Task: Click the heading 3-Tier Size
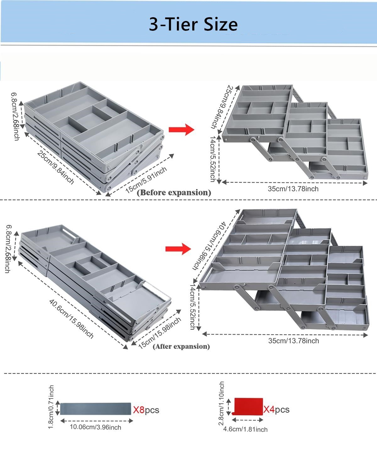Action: (193, 24)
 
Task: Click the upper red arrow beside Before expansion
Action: (181, 129)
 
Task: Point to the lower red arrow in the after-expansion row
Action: (178, 249)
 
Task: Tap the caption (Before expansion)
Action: (174, 192)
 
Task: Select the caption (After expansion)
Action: (181, 346)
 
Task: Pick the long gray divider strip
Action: (96, 409)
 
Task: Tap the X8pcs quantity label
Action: (146, 410)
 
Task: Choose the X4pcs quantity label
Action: (276, 409)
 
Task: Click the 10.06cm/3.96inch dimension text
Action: (95, 427)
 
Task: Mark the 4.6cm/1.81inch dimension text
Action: (245, 429)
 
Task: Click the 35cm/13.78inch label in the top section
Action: (293, 189)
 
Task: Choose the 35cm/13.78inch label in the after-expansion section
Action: (293, 341)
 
